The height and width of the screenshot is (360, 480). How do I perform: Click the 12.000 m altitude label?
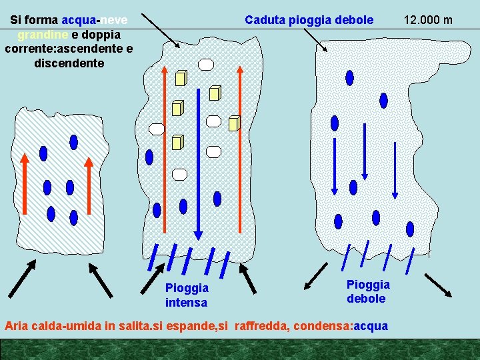tap(428, 19)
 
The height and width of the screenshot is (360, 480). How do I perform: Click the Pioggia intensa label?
tap(187, 295)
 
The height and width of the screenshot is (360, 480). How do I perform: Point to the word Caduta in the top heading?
tap(265, 20)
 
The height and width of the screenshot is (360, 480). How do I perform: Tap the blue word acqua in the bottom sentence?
tap(371, 326)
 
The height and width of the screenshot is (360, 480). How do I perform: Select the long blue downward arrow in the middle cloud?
tap(197, 163)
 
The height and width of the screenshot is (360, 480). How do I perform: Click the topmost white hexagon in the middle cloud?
tap(207, 64)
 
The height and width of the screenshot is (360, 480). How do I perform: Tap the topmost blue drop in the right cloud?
tap(349, 78)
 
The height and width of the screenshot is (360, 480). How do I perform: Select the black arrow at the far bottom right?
tap(439, 285)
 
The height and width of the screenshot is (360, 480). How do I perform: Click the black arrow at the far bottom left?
tap(21, 279)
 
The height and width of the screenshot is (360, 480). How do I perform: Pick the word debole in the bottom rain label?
tap(366, 299)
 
